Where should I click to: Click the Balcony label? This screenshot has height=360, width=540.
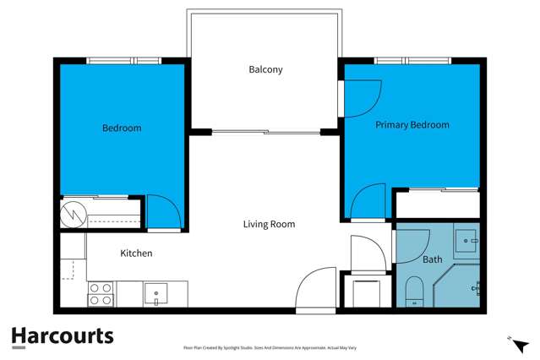(x=265, y=69)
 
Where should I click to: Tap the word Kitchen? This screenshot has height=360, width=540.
(x=136, y=254)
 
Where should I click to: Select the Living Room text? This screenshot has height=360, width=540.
(x=269, y=224)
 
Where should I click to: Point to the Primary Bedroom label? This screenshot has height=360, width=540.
(x=412, y=125)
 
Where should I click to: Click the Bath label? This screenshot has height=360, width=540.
(x=433, y=259)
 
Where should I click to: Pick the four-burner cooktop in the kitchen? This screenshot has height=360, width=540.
(x=101, y=293)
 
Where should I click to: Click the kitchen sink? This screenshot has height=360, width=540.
(x=156, y=293)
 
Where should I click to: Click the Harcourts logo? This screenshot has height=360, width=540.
(x=62, y=336)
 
